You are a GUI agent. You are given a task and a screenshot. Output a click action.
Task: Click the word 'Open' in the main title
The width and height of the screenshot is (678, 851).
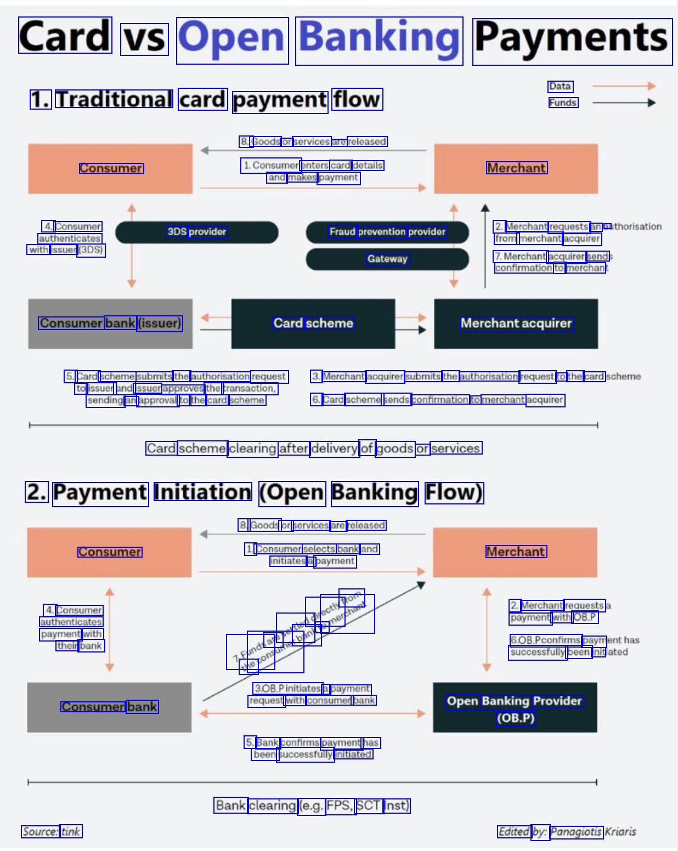point(232,39)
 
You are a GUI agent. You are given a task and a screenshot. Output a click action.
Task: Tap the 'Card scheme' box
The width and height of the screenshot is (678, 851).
point(313,324)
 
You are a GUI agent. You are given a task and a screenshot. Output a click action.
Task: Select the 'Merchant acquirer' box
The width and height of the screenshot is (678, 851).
point(516,324)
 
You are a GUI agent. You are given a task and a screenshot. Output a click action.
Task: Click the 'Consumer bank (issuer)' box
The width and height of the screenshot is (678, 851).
point(110,324)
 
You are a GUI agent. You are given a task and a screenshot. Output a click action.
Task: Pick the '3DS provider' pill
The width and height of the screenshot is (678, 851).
point(196,232)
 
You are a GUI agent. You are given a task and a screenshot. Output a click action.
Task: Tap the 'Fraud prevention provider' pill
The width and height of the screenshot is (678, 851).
point(387,232)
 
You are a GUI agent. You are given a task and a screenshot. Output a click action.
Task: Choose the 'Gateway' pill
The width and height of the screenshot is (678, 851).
point(387,259)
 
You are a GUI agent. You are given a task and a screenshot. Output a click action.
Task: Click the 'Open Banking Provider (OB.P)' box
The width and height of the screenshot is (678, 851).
point(515,708)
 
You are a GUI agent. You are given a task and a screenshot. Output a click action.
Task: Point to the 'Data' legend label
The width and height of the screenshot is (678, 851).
point(560,87)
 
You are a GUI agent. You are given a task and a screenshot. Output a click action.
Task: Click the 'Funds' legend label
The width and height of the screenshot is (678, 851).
point(563,103)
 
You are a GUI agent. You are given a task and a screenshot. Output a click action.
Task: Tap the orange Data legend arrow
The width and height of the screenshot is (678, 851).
point(624,86)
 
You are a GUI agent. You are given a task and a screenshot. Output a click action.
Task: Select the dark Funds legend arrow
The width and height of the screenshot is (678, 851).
point(624,103)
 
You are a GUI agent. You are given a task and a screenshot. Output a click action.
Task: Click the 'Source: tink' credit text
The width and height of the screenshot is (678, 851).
point(52,832)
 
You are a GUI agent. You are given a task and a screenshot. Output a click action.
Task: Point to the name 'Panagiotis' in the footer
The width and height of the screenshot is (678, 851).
point(576,832)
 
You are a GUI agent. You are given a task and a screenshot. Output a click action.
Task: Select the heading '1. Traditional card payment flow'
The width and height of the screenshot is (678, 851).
point(206,100)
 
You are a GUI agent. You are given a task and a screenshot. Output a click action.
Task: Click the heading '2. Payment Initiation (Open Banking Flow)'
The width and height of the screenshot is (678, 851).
point(255,492)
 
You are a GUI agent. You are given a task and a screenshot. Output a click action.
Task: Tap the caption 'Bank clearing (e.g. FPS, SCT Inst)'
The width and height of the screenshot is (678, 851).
point(312,805)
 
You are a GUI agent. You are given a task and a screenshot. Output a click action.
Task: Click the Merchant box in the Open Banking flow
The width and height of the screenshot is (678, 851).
point(515,552)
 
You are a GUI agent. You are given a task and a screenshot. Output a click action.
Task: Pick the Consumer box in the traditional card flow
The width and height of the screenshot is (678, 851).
point(110,169)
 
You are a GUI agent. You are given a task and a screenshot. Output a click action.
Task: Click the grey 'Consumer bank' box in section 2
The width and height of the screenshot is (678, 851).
point(109,707)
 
